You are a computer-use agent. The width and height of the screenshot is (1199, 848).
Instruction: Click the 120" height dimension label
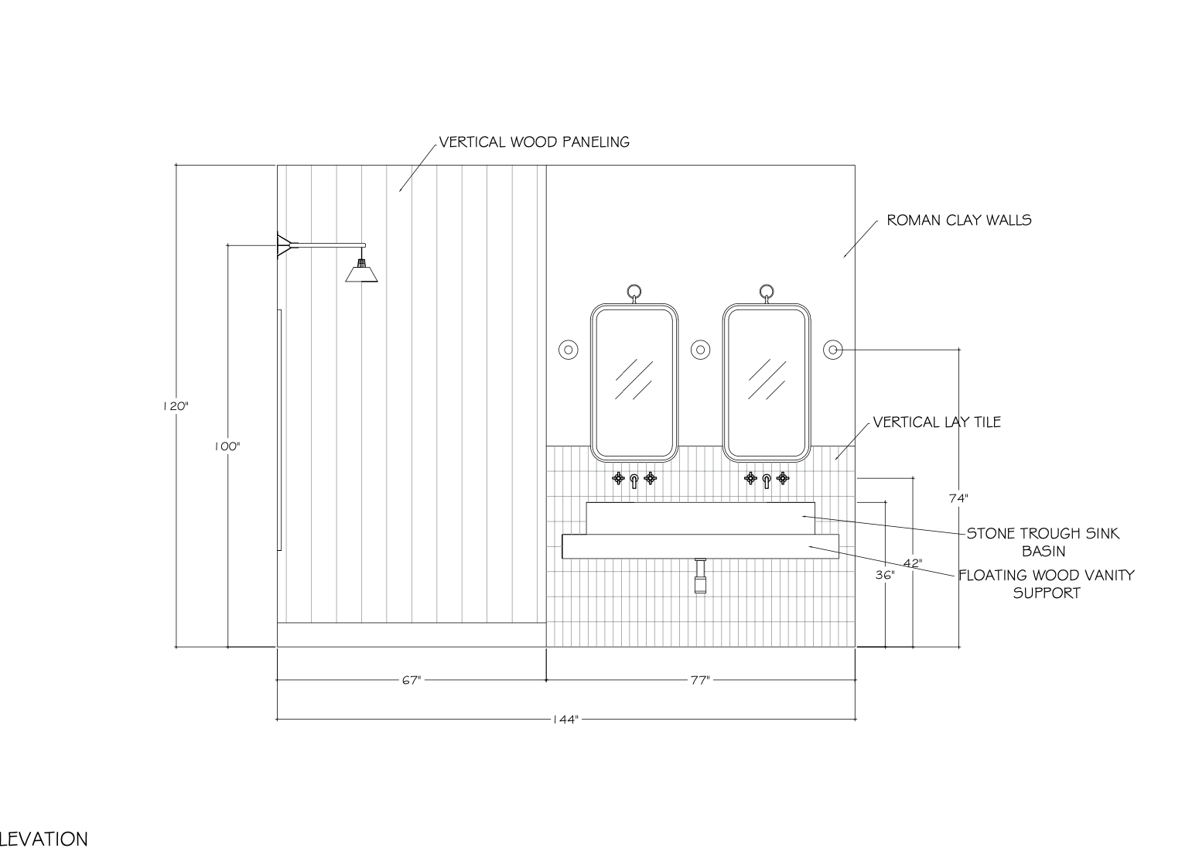[x=176, y=406]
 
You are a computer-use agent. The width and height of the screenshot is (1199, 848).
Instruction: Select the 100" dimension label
[x=227, y=446]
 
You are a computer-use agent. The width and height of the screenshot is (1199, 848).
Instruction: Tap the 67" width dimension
[x=412, y=680]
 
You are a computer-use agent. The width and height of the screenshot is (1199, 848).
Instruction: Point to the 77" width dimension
[x=700, y=680]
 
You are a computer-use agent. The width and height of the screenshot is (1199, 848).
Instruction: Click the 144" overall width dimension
[x=565, y=720]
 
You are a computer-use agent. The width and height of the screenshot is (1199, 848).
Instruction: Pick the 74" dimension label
[x=958, y=498]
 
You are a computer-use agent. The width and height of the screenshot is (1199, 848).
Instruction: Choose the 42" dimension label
[x=913, y=563]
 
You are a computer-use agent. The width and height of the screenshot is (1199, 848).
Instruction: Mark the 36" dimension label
[x=885, y=575]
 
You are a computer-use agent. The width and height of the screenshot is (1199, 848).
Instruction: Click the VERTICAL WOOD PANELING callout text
[x=535, y=142]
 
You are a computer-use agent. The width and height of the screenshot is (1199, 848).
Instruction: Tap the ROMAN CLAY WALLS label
[x=959, y=220]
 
